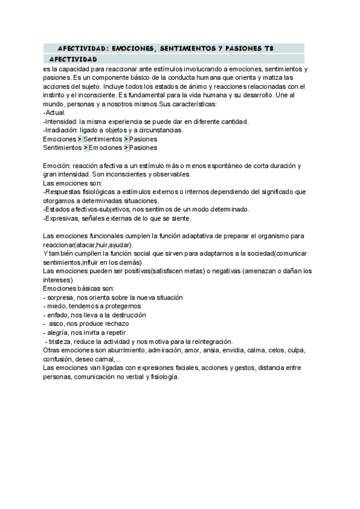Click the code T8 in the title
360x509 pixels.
click(x=276, y=47)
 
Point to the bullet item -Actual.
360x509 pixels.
click(x=55, y=112)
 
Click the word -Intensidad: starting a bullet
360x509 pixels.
click(x=60, y=121)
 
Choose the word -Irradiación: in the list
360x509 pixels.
click(x=61, y=130)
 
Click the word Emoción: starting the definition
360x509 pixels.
click(x=57, y=165)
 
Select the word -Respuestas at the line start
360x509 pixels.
click(x=65, y=191)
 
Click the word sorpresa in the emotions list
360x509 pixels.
click(x=63, y=297)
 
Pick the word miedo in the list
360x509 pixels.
click(x=59, y=306)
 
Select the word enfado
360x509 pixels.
click(x=61, y=315)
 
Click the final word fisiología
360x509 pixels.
click(x=162, y=376)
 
